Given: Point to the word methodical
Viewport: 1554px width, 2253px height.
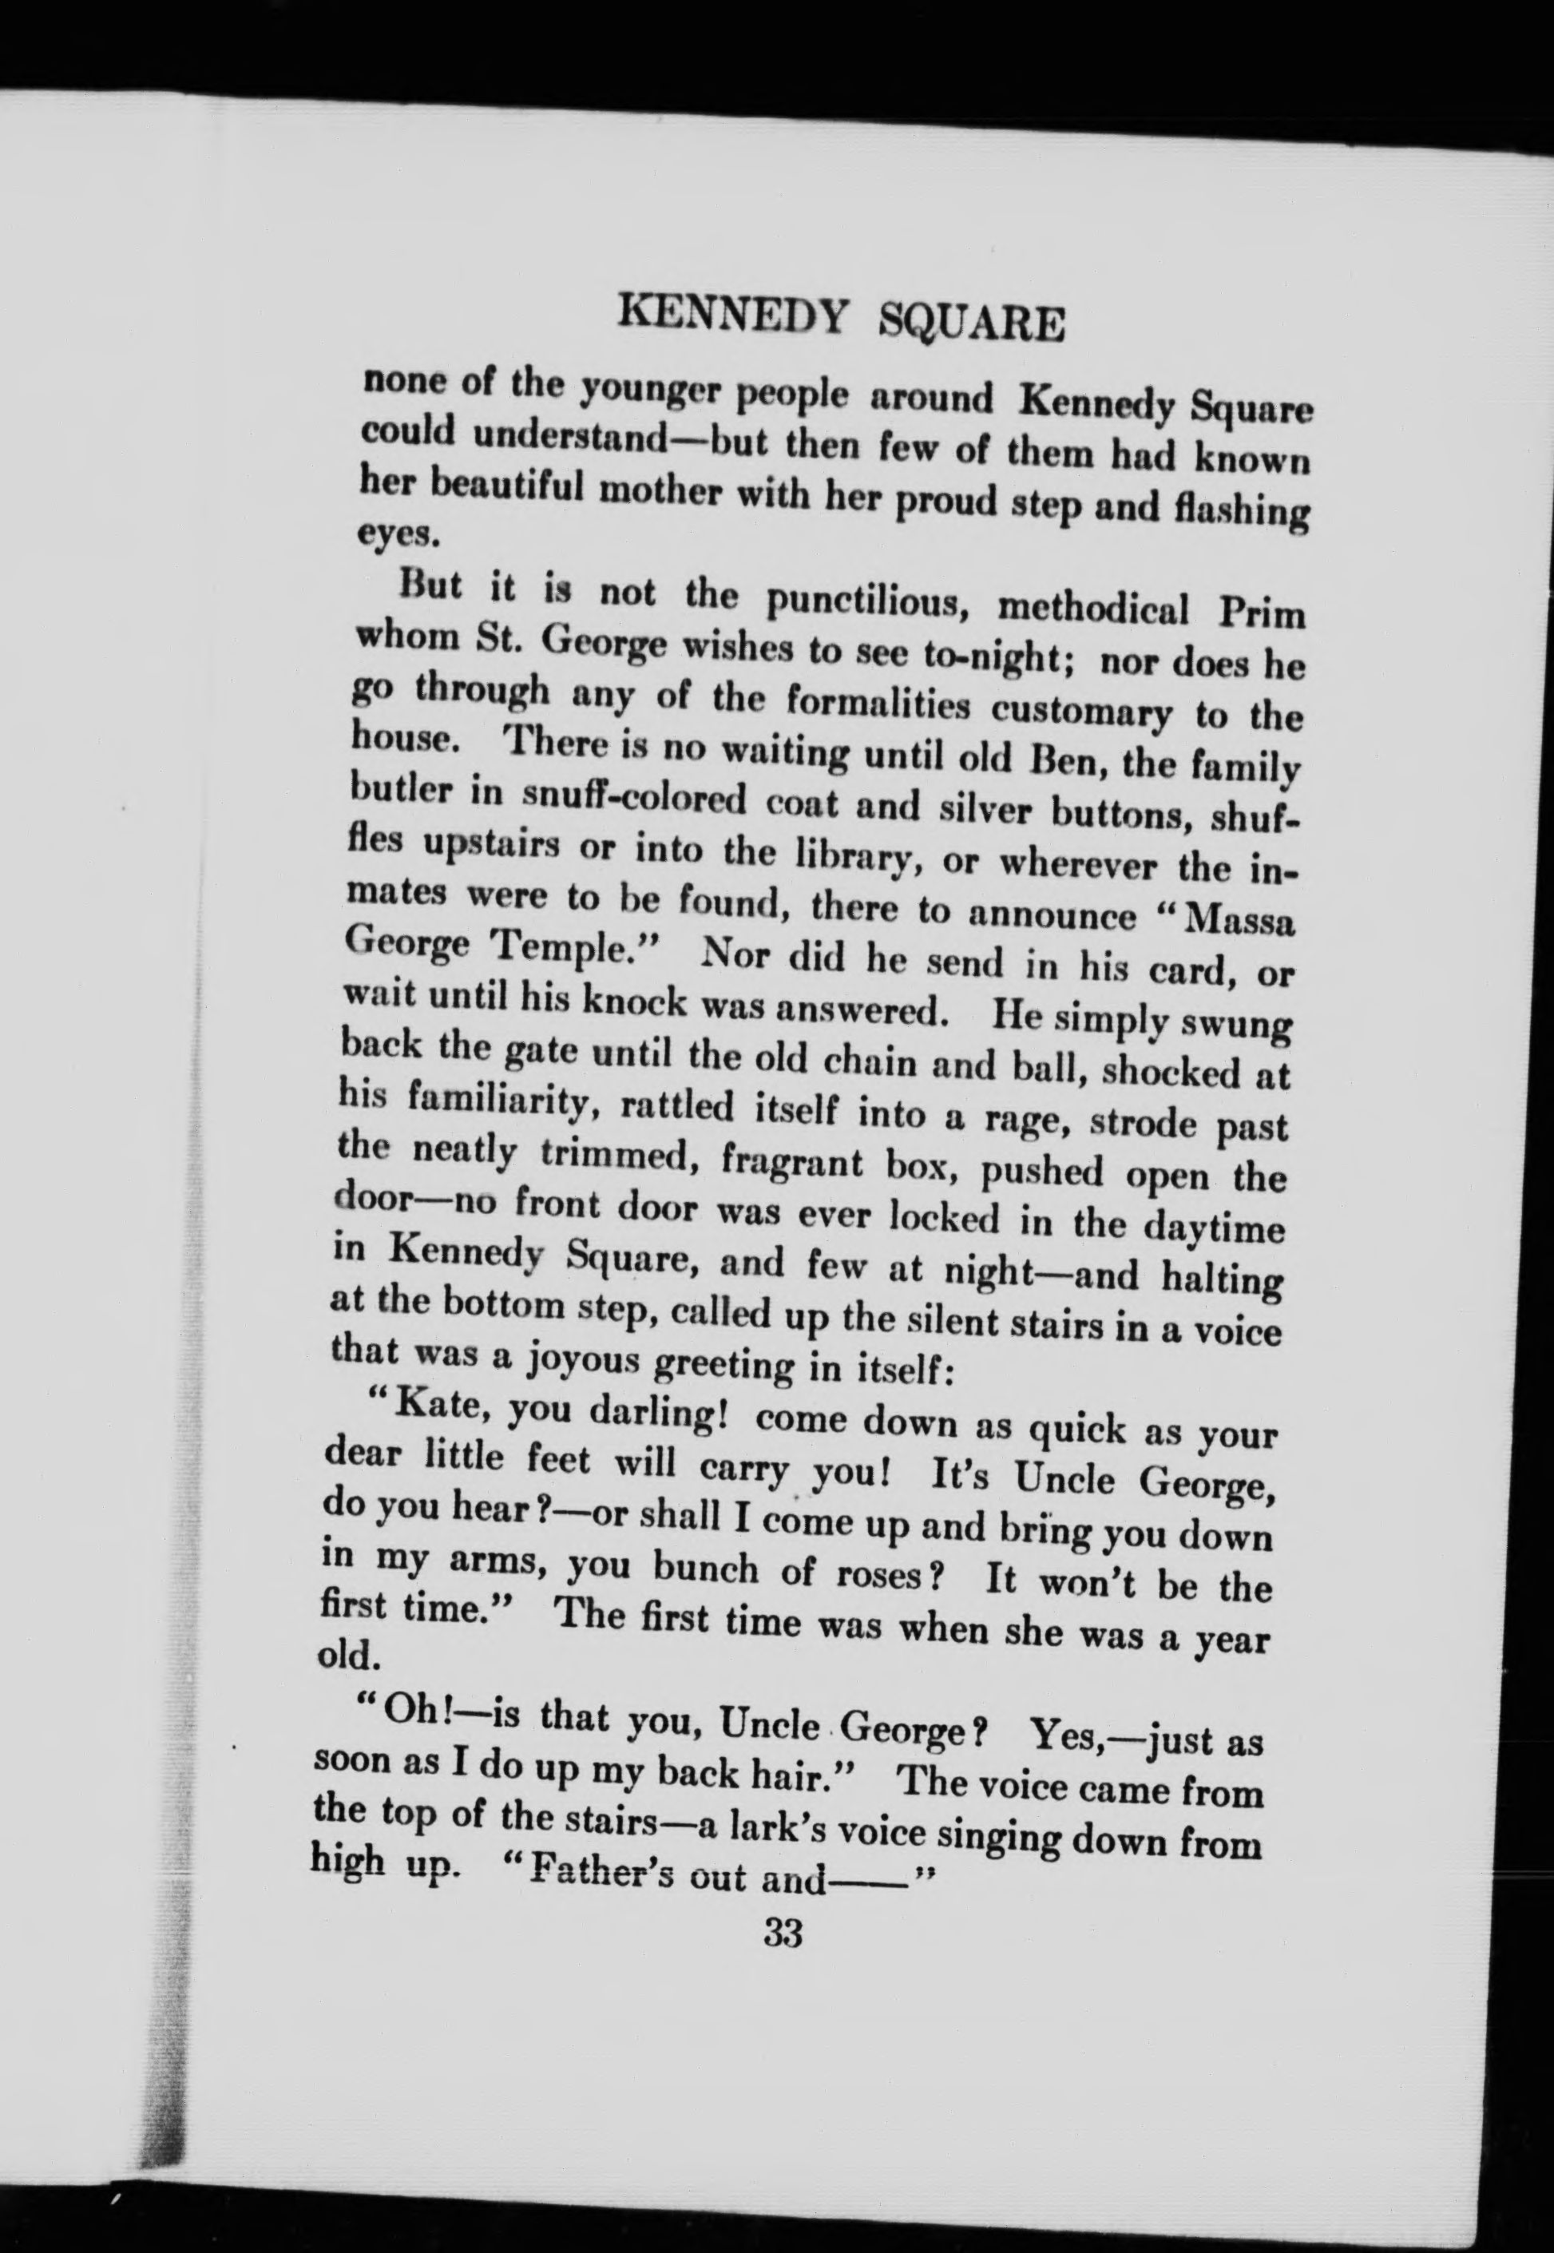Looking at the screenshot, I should coord(1094,613).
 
